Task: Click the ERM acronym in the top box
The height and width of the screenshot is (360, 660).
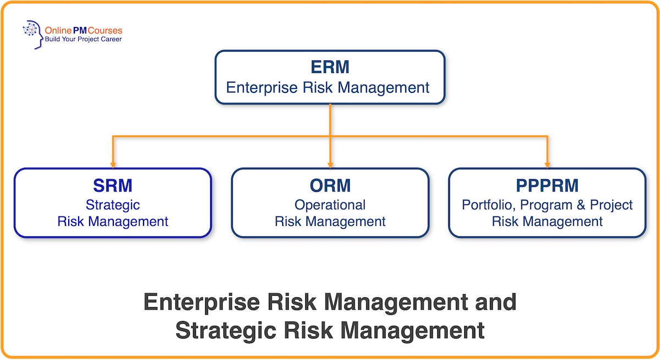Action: (330, 68)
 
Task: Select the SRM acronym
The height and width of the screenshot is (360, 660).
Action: (113, 186)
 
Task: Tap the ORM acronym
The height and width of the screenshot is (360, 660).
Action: (330, 186)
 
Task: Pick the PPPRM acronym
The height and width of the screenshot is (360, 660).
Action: (547, 186)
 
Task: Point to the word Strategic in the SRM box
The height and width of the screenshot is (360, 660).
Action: (113, 205)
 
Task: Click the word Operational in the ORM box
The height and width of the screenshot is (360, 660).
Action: (330, 205)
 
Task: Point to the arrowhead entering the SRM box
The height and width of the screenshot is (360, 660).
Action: (113, 164)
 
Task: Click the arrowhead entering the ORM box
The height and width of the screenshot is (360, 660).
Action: (330, 164)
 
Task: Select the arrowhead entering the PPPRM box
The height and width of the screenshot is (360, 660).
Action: (547, 164)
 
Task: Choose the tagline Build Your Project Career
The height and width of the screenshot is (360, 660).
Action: (84, 40)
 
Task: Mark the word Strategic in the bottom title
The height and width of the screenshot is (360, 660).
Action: (231, 331)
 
